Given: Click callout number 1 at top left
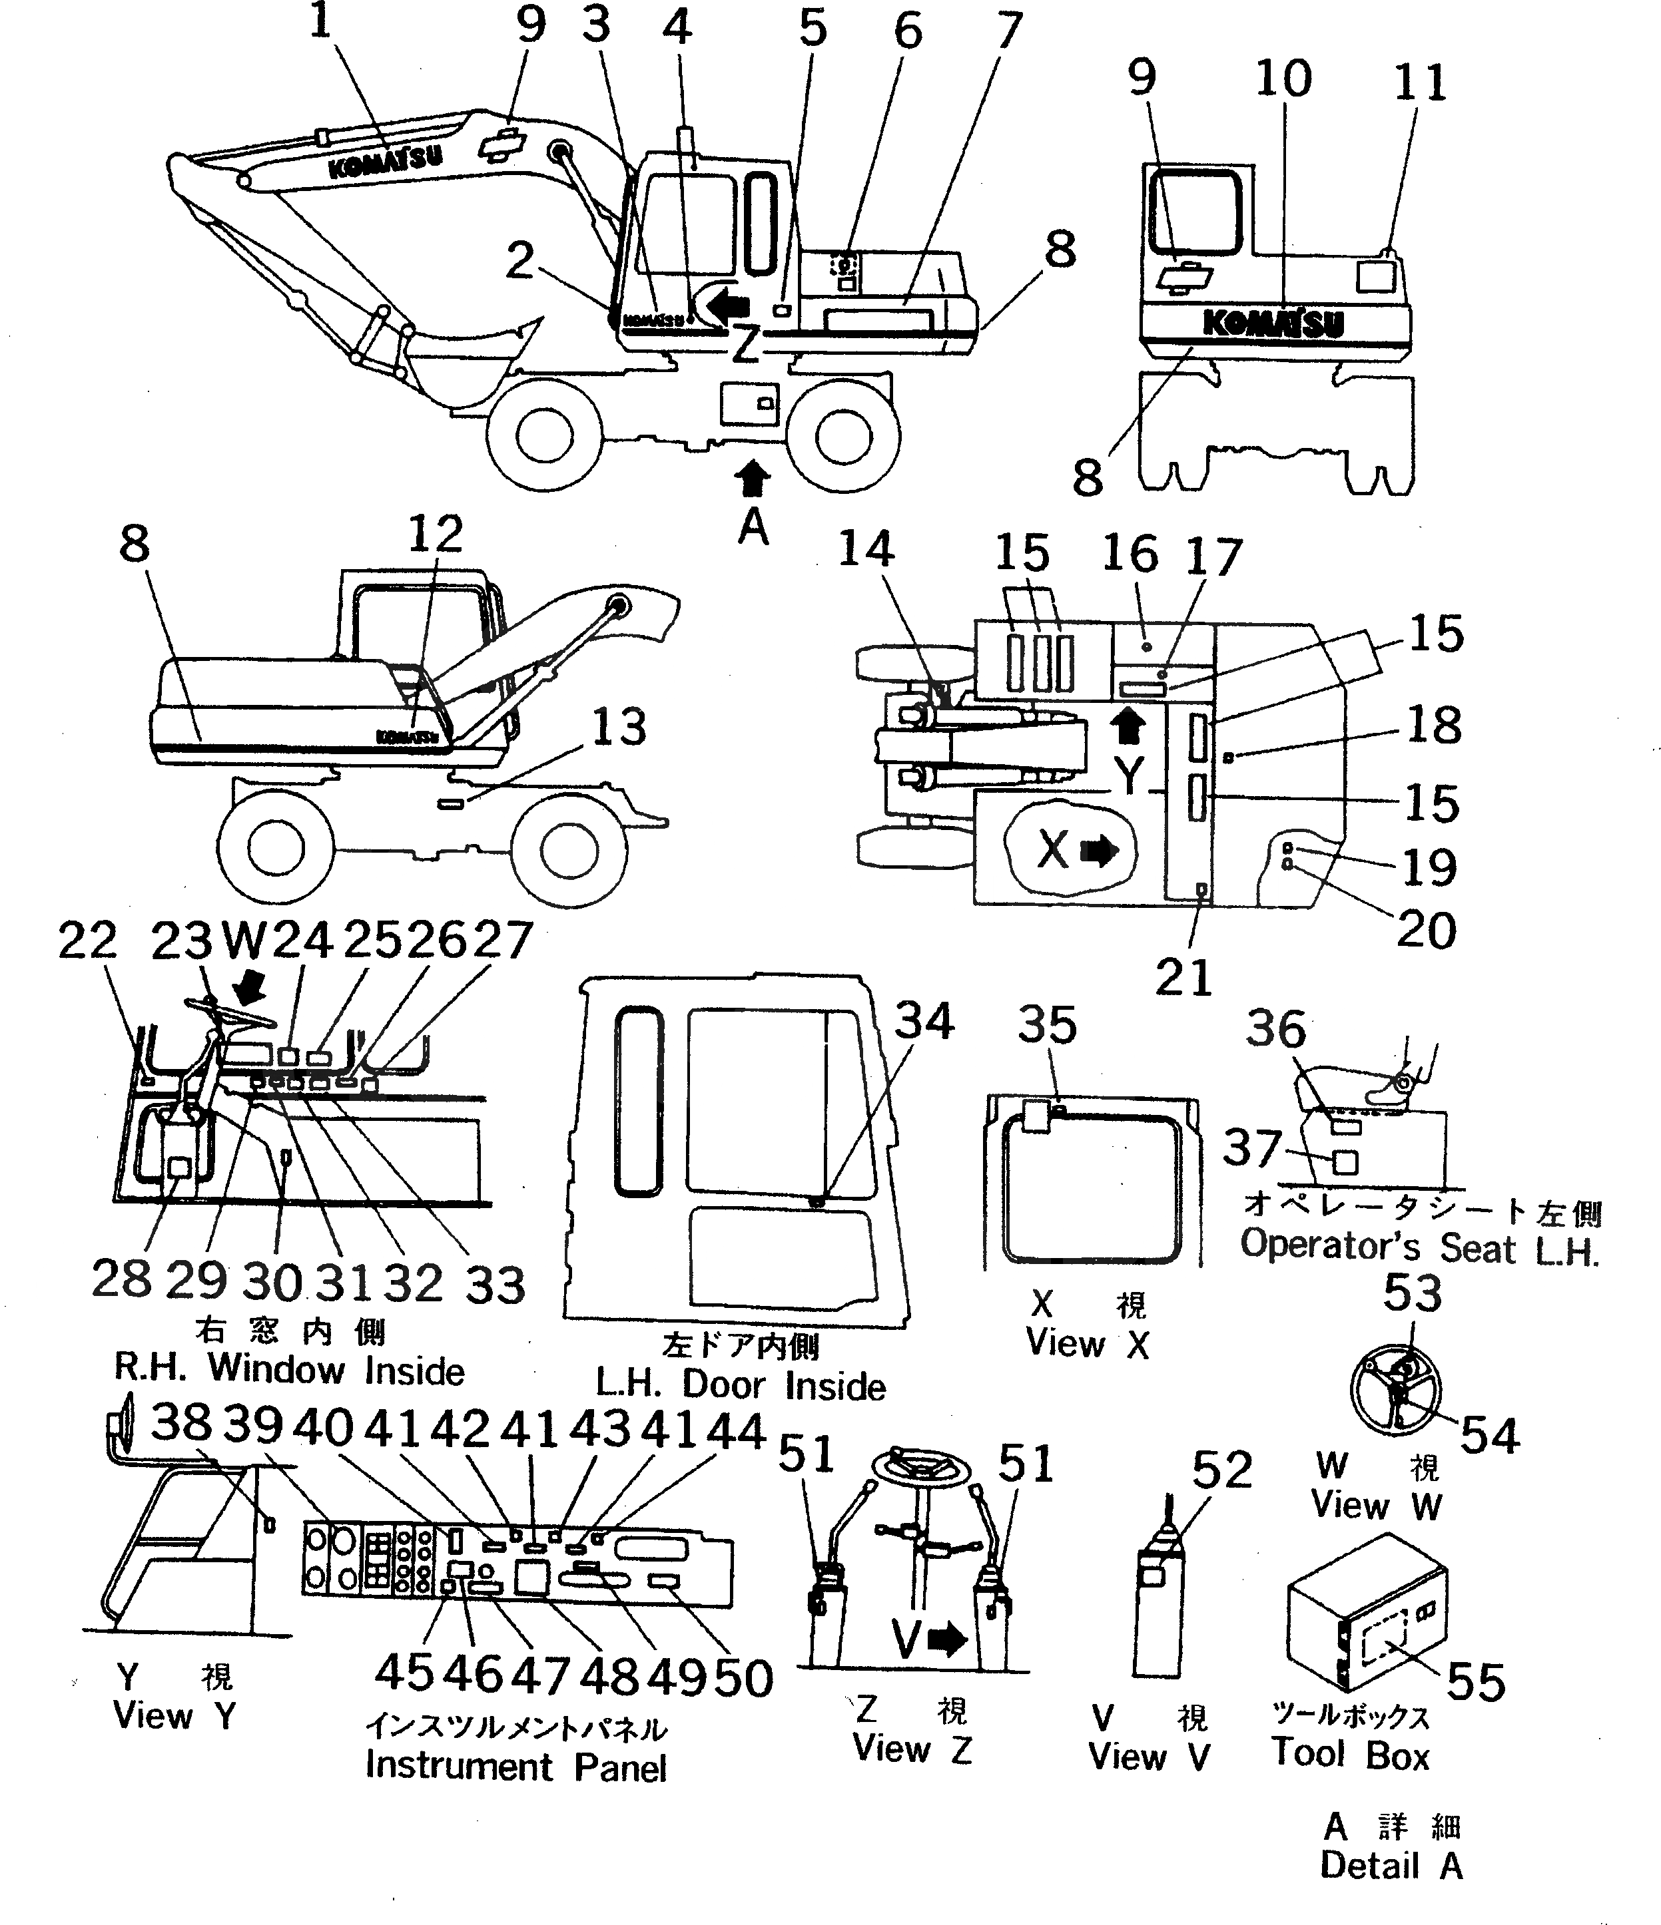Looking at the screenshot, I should tap(320, 21).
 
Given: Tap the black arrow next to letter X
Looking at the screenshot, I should tap(1102, 850).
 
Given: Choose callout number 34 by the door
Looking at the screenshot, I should tap(924, 1021).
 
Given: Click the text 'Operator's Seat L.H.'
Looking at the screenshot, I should tap(1419, 1247).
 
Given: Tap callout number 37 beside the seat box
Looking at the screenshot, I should tap(1252, 1148).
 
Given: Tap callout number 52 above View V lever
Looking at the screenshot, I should tap(1222, 1470).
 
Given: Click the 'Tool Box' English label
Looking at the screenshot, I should tap(1349, 1754).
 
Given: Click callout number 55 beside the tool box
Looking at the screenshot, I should tap(1476, 1683).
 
